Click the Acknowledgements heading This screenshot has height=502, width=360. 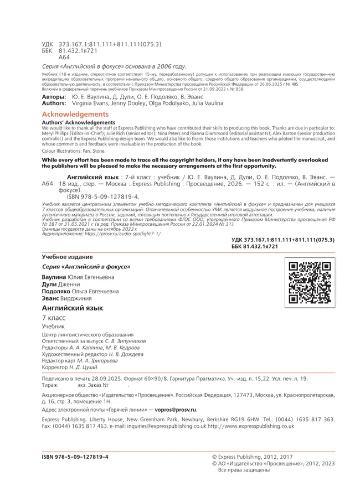tap(76, 113)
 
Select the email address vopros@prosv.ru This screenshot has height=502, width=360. tap(176, 410)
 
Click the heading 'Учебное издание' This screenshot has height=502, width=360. tap(68, 257)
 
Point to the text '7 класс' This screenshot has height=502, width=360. tap(54, 318)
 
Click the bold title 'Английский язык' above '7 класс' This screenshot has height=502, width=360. tap(73, 308)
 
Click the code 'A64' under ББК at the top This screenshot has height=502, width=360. tap(64, 57)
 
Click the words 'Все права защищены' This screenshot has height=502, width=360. tap(244, 470)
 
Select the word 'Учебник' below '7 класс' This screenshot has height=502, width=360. tap(53, 327)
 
